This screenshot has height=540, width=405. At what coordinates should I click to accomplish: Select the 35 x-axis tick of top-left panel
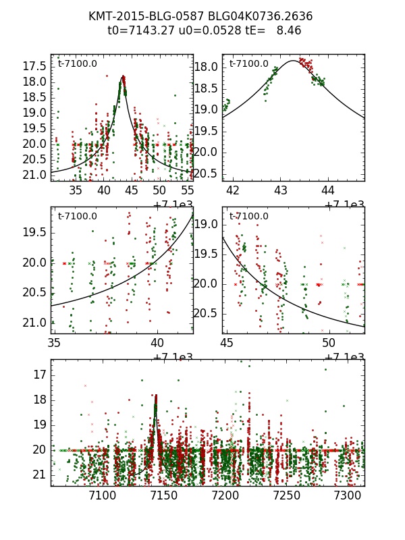click(x=76, y=191)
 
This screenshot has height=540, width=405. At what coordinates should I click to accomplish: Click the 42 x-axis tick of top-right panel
click(x=233, y=191)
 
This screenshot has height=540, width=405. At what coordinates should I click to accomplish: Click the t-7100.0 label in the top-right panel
click(x=248, y=64)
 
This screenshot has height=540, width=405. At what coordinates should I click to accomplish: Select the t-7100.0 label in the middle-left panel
click(x=77, y=217)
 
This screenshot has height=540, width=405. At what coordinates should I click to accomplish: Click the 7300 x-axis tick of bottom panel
click(x=348, y=496)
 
